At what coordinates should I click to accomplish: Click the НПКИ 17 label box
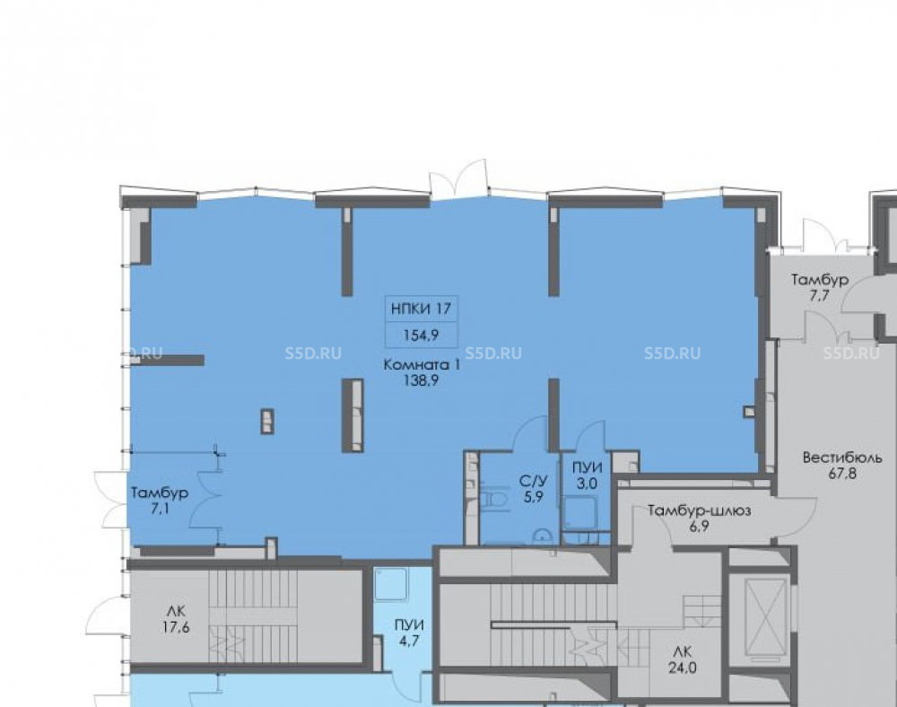(422, 321)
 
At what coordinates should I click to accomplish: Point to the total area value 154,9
(421, 336)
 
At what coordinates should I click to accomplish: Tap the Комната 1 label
(422, 365)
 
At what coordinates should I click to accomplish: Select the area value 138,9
(421, 380)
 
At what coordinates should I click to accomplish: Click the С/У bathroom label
(533, 481)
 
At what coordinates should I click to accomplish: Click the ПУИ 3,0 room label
(587, 476)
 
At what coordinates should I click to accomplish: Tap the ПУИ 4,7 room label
(409, 633)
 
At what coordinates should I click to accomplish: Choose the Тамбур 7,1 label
(160, 501)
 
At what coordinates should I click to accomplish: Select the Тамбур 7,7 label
(820, 288)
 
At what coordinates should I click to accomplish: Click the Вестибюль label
(842, 458)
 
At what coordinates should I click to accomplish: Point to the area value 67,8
(842, 474)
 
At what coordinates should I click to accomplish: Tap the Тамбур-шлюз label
(699, 511)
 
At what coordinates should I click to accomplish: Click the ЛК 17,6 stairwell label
(176, 619)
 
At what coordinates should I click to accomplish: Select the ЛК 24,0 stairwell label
(683, 659)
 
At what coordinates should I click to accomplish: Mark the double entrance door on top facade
(458, 179)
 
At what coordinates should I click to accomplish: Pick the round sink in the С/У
(542, 537)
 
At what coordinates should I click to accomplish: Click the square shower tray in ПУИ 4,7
(391, 583)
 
